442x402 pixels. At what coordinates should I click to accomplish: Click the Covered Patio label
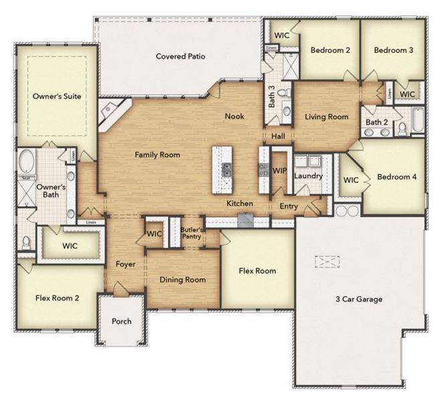click(x=179, y=57)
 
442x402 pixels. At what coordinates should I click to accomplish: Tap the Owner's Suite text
click(x=57, y=96)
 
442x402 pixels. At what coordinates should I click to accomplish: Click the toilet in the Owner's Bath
click(x=26, y=242)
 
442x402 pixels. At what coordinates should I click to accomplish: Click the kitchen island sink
click(x=226, y=170)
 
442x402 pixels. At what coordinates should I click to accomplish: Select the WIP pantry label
click(x=279, y=172)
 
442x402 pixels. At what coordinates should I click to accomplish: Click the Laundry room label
click(x=309, y=176)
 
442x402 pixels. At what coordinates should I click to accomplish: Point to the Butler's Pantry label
click(x=192, y=233)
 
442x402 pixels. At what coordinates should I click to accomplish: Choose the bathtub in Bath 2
click(x=417, y=120)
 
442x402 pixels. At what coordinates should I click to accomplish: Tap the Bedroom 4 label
click(x=396, y=178)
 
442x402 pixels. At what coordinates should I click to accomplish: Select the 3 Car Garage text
click(x=360, y=299)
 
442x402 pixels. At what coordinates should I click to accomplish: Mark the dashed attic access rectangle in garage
click(x=328, y=261)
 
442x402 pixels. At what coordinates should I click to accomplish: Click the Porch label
click(x=122, y=322)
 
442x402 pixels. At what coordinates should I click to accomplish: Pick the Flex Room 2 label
click(x=58, y=297)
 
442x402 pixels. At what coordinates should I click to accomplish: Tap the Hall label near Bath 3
click(x=279, y=137)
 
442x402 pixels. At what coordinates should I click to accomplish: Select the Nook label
click(x=234, y=117)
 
